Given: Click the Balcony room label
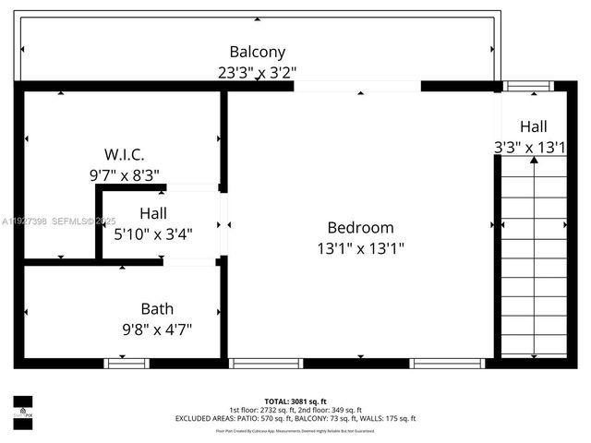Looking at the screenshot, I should point(257,53).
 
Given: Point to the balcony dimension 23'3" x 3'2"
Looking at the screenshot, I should point(257,71).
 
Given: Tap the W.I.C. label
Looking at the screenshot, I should point(124,154).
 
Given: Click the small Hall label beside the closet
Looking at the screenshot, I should point(153,213).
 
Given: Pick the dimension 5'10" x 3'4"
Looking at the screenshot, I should point(153,233).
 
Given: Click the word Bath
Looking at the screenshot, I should point(157,308).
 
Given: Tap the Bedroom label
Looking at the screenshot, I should point(360,227).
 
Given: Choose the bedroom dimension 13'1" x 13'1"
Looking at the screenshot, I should point(360,247).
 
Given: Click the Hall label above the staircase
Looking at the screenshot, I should point(533,126).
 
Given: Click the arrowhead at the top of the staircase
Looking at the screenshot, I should point(534,161).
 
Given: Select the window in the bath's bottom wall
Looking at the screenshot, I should point(126,364).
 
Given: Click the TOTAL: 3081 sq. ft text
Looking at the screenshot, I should point(295,401).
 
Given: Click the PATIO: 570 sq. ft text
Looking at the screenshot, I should point(262,418).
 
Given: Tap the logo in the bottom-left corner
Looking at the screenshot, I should point(23,408).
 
